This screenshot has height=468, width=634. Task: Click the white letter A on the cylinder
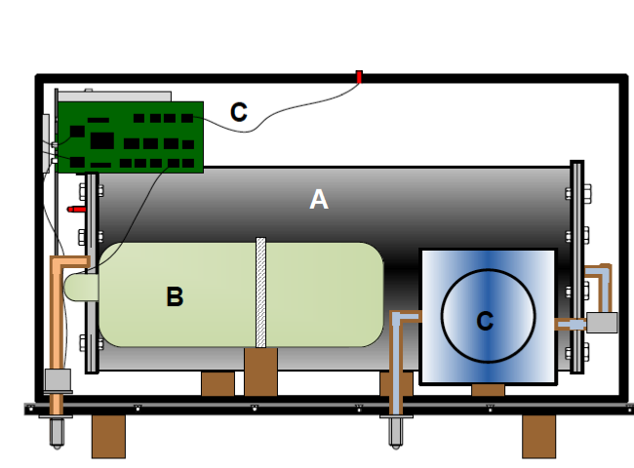pos(318,200)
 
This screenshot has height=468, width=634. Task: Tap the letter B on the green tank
pos(175,297)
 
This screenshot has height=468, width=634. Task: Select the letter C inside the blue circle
pos(485,320)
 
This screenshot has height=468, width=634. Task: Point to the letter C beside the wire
pos(238,111)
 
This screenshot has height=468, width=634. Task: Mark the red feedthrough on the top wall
pos(359,76)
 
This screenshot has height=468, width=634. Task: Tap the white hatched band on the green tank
pos(260,292)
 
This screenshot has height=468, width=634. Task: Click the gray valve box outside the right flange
pos(602,323)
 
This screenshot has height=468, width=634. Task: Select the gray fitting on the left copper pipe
pos(58,381)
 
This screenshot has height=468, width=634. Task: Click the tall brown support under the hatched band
pos(260,372)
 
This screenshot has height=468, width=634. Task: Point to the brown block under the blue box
pos(488,390)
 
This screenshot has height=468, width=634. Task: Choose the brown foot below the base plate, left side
pos(108,436)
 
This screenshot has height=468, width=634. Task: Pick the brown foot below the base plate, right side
pos(537,436)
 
